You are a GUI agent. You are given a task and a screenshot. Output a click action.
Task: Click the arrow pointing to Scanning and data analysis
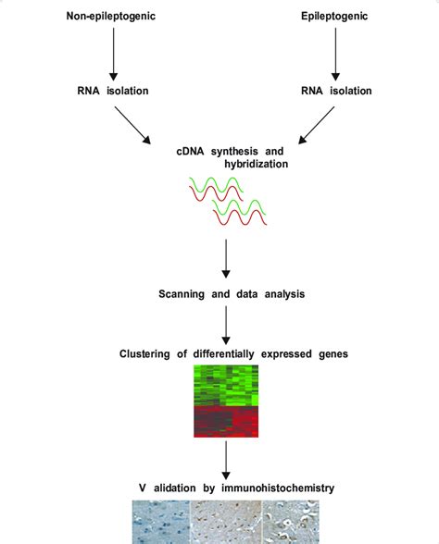pos(225,257)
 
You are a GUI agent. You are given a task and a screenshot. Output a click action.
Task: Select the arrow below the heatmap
pos(225,459)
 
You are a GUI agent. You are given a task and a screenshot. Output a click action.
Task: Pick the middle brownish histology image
pos(225,522)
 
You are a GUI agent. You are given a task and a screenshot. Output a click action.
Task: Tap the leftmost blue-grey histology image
pos(159,522)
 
